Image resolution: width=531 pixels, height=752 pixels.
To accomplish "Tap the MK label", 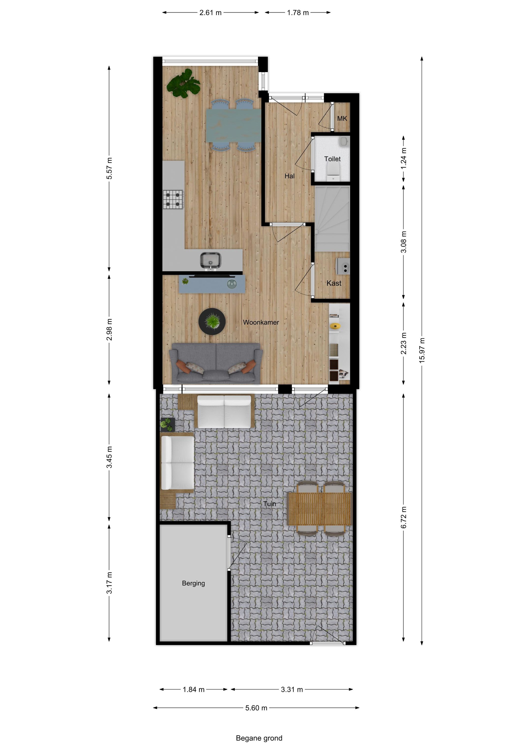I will (342, 119).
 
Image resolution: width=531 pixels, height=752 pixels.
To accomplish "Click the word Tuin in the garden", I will (270, 504).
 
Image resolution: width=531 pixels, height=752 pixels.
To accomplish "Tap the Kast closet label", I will (334, 283).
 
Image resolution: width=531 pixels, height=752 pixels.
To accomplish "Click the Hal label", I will (289, 176).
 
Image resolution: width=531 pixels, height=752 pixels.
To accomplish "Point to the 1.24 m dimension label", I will (403, 159).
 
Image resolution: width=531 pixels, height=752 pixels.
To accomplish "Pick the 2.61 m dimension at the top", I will (210, 13).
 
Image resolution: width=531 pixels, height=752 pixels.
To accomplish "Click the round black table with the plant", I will (212, 321).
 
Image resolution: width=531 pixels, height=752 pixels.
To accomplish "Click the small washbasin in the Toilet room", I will (343, 142).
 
